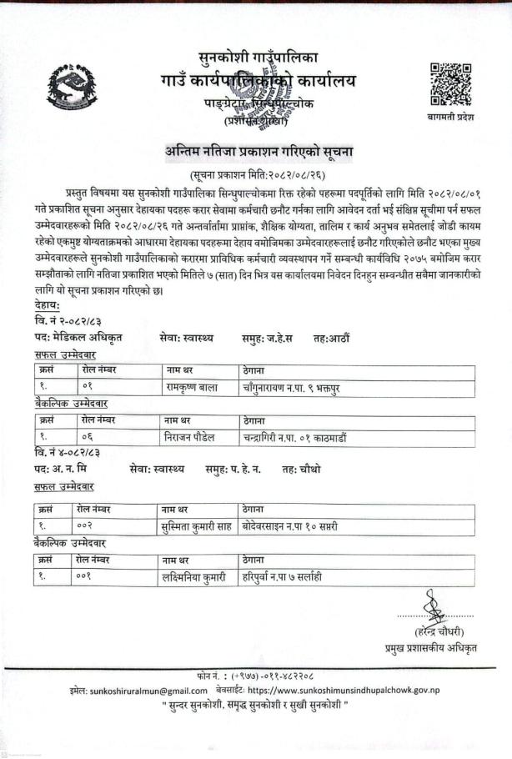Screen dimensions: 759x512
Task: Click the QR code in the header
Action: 450,84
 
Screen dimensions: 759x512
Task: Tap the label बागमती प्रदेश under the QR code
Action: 450,118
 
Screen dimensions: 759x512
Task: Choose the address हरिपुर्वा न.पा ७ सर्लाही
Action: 283,576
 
